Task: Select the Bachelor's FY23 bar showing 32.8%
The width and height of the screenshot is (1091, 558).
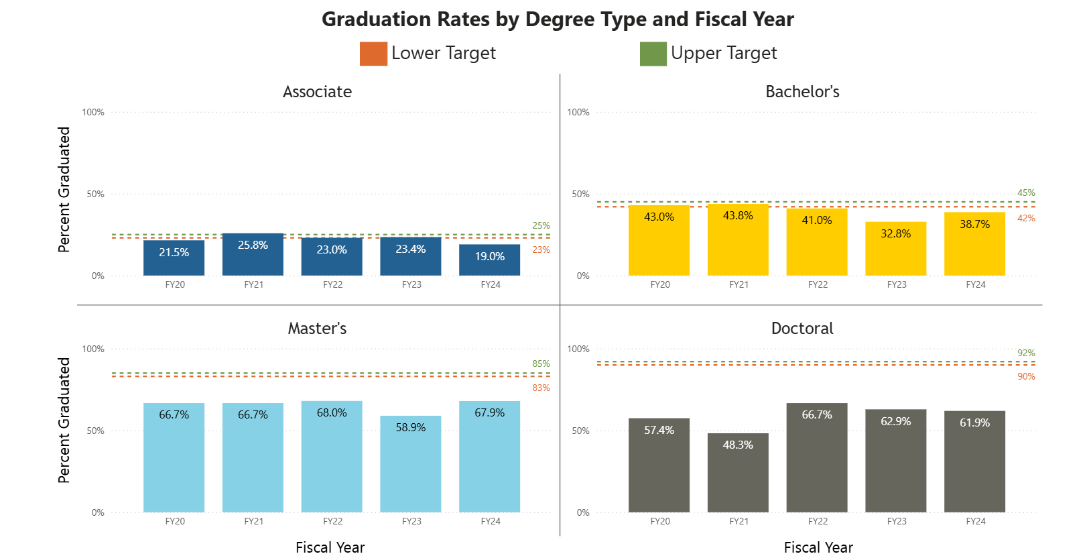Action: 895,249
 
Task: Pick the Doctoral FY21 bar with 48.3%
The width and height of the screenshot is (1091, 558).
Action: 738,473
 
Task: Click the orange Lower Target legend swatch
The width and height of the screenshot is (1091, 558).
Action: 373,54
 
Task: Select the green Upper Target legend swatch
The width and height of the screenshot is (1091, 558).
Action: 653,54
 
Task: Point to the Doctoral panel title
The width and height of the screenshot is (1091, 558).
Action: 802,329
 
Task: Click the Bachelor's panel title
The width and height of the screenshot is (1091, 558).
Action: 802,92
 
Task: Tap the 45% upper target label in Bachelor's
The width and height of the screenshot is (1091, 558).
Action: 1026,192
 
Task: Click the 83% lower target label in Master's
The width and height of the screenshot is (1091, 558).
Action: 541,388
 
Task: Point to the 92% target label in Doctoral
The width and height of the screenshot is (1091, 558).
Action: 1026,353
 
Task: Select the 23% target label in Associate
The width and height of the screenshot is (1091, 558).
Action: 541,249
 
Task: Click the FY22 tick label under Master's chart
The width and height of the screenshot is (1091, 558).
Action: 332,521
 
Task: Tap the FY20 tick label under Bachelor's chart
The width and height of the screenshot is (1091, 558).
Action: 660,284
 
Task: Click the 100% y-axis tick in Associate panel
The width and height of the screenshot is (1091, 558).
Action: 93,112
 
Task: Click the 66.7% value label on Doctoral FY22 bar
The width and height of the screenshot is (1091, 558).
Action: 817,414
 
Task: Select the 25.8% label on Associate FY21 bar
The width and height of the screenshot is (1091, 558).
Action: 253,245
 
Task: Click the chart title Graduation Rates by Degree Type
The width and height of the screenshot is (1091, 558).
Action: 558,19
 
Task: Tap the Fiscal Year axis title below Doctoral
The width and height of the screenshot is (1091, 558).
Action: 818,547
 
